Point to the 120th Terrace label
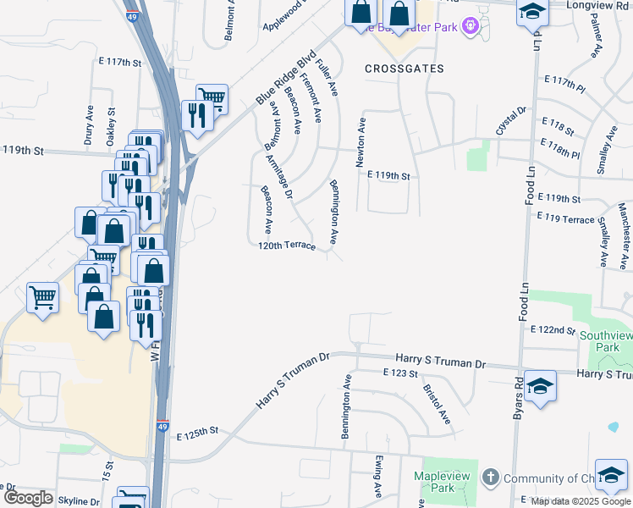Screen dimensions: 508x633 pos(287,246)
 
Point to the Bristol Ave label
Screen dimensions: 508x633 pos(437,406)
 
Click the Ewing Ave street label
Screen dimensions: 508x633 pos(378,476)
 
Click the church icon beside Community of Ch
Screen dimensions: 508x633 pos(490,478)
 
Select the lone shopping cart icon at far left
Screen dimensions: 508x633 pos(42,296)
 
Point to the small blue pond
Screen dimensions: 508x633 pos(613,427)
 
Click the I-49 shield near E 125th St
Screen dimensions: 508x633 pos(162,426)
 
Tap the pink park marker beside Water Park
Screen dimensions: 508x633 pos(471,27)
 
